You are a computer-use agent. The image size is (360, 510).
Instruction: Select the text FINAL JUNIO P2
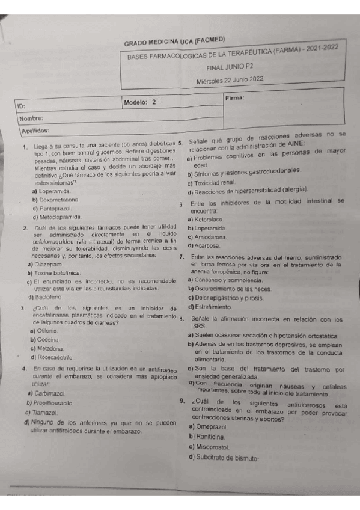coord(231,69)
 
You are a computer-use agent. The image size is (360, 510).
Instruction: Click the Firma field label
coord(236,97)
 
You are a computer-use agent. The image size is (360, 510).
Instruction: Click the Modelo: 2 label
coord(139,102)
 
